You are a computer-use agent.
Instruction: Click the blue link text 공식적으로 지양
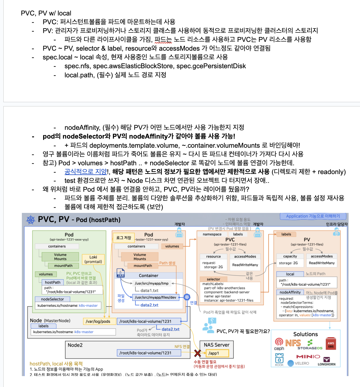[x=86, y=172]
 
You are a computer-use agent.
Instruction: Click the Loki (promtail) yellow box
[x=93, y=259]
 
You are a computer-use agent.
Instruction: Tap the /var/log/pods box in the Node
[x=98, y=321]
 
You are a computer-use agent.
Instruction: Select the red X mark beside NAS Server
[x=198, y=353]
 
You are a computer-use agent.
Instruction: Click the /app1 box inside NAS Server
[x=217, y=353]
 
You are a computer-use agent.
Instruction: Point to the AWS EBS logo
[x=331, y=344]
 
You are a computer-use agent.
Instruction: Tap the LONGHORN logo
[x=327, y=362]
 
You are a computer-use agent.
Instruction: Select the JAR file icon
[x=121, y=273]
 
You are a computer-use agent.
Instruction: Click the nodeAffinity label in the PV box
[x=290, y=292]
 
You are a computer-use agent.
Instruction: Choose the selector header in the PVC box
[x=213, y=279]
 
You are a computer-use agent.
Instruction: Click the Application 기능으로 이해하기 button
[x=313, y=216]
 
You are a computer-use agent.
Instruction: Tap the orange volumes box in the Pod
[x=172, y=246]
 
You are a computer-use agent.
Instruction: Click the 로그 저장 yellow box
[x=124, y=238]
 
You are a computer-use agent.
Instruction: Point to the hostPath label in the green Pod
[x=53, y=282]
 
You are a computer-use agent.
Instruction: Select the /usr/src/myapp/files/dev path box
[x=155, y=297]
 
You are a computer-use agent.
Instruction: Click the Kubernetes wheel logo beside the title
[x=31, y=220]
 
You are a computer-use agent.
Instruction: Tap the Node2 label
[x=75, y=345]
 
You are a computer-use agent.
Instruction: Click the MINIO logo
[x=308, y=356]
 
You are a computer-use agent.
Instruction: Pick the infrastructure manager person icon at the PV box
[x=336, y=232]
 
